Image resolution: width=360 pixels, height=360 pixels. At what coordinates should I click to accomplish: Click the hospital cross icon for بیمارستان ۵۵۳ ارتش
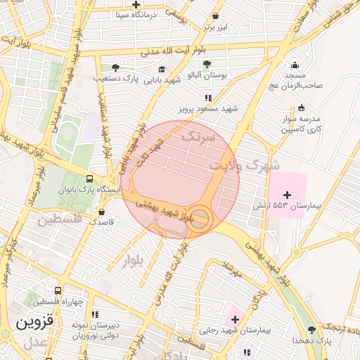coord(286,194)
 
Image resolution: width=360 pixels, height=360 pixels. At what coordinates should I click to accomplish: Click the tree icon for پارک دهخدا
coord(311,329)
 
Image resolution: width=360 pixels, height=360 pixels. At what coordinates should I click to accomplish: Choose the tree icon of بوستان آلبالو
coord(207,63)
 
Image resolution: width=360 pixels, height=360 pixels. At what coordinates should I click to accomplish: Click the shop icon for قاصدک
coord(103,211)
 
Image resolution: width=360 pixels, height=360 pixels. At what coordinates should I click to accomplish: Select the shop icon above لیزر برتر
coord(215,16)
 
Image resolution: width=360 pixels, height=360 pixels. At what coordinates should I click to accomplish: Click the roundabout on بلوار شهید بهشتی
coord(201,217)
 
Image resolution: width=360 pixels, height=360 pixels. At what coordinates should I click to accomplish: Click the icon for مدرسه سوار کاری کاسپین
coord(302,108)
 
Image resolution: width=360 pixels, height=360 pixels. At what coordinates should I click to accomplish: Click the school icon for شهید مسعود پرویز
coord(207,98)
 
